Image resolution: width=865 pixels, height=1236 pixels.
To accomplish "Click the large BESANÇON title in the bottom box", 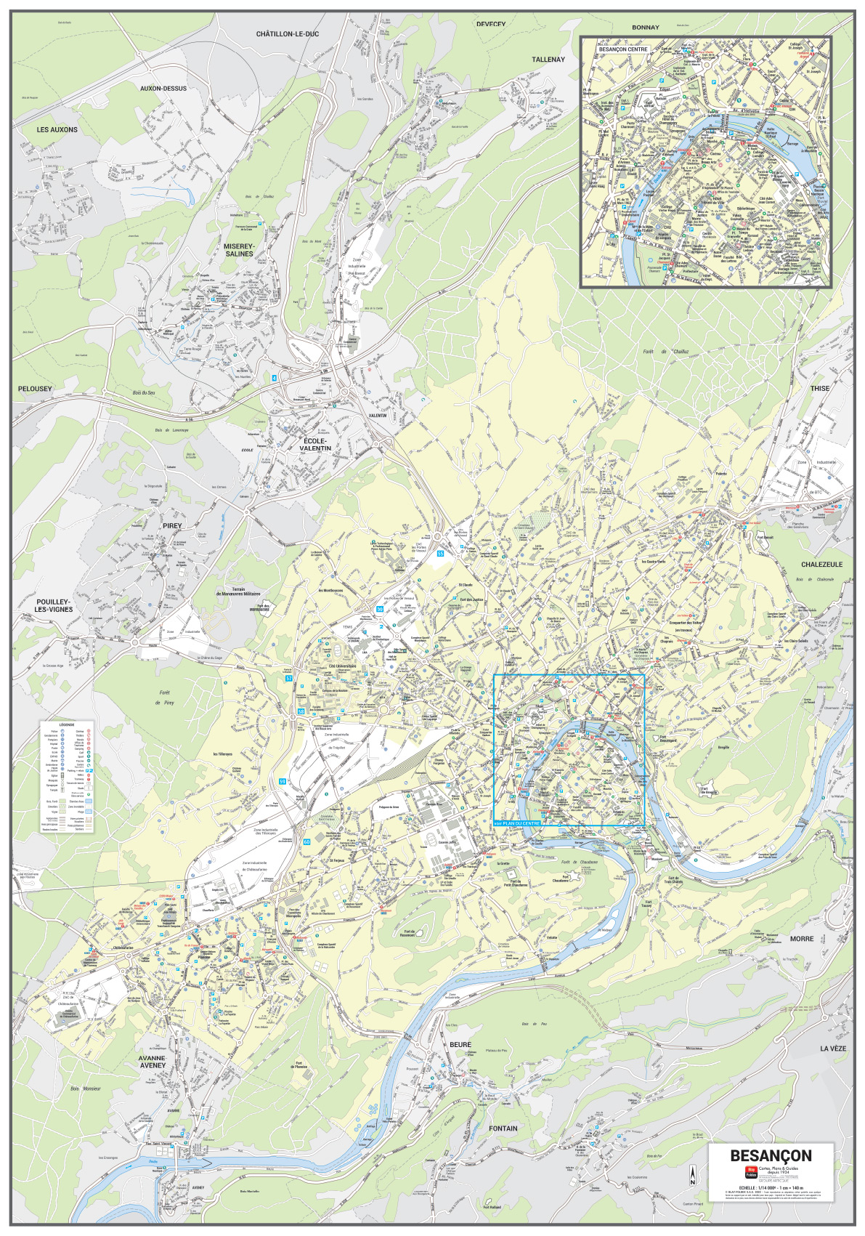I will [771, 1155].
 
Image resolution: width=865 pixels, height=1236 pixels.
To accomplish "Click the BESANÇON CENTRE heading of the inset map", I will [623, 49].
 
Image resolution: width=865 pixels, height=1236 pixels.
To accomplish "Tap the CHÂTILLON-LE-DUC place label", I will [287, 34].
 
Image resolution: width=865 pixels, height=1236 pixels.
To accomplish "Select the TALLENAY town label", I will [548, 60].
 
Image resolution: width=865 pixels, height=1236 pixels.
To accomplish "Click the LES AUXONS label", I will [57, 129].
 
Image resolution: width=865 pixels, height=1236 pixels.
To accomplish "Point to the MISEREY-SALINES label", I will [239, 250].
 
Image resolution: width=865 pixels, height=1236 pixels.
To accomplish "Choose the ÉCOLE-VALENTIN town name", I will [315, 445].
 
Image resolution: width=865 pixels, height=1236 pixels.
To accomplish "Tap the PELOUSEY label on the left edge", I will [35, 389].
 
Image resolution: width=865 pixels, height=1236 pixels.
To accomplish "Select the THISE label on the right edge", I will [819, 388].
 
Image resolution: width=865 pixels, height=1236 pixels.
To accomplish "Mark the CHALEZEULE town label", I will [821, 564].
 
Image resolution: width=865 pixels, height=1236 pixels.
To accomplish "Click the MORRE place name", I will [801, 939].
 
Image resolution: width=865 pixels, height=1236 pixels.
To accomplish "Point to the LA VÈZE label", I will [833, 1049].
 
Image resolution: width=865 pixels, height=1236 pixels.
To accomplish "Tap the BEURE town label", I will [460, 1044].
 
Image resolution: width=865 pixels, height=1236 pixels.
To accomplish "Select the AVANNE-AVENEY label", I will [153, 1062].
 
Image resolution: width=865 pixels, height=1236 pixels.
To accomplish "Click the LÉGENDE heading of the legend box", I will [67, 724].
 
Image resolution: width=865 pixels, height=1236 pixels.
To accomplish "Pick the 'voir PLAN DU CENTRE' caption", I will [517, 823].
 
